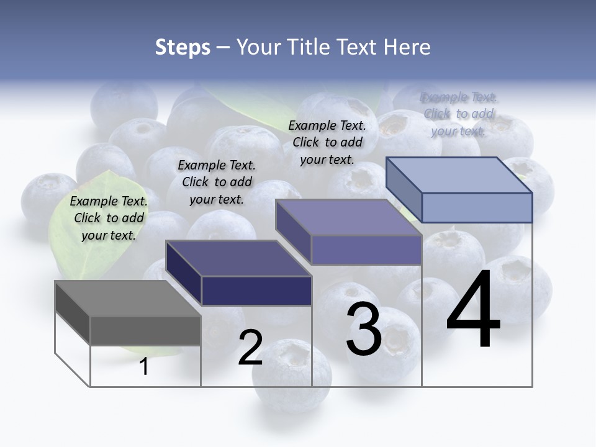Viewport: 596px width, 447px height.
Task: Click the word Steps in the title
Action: click(x=183, y=47)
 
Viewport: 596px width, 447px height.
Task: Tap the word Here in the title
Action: click(x=407, y=47)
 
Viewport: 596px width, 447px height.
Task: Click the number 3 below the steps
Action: click(x=364, y=330)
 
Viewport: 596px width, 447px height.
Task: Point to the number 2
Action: click(x=250, y=348)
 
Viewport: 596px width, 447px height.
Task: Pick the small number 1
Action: click(x=144, y=367)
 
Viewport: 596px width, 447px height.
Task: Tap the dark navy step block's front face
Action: click(x=256, y=291)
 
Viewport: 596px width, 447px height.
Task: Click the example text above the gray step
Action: click(x=109, y=218)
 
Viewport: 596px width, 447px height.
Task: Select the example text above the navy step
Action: click(x=217, y=182)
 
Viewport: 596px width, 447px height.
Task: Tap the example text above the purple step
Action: click(x=327, y=142)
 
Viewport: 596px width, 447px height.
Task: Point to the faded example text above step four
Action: click(x=458, y=114)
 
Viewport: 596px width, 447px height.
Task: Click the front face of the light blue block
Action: click(x=477, y=207)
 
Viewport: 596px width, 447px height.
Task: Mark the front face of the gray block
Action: click(x=145, y=330)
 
